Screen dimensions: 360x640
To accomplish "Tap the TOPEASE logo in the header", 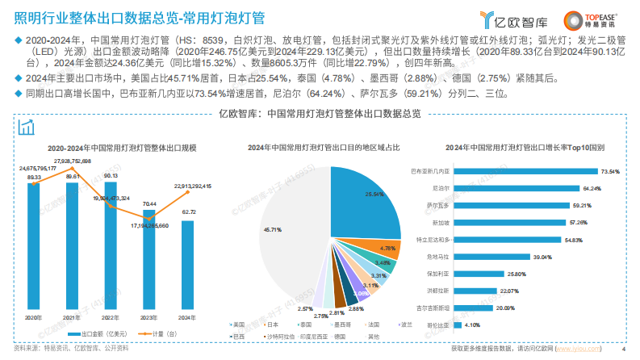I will coord(597,18).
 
